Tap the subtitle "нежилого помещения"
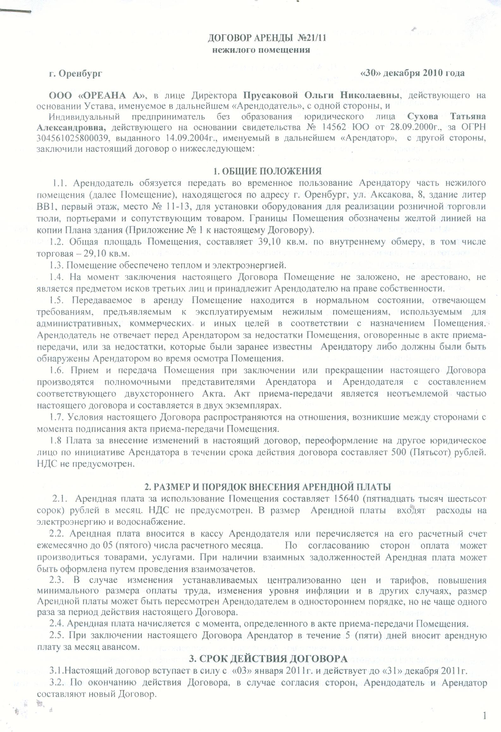pos(261,50)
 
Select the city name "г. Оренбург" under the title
pos(75,74)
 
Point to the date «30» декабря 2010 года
pos(412,73)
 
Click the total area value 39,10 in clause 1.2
pos(266,242)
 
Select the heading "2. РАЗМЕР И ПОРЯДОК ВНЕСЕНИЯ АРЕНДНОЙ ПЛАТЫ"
pos(268,487)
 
